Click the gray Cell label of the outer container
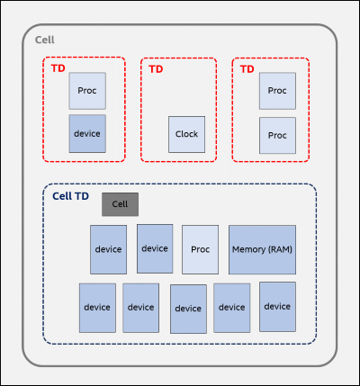tap(45, 40)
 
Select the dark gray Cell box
tap(120, 204)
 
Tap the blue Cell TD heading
tap(70, 196)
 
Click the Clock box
tap(186, 134)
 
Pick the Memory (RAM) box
tap(262, 249)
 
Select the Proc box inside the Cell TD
tap(200, 249)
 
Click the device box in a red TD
tap(87, 134)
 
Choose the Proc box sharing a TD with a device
tap(87, 91)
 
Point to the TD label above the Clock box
tap(156, 69)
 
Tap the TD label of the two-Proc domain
tap(247, 69)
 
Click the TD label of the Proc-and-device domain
tap(58, 68)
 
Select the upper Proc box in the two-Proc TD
tap(277, 91)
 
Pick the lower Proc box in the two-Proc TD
tap(277, 136)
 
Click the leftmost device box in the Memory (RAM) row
tap(108, 249)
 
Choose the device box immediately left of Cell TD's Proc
tap(155, 248)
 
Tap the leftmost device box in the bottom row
tap(97, 308)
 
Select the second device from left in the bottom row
tap(140, 308)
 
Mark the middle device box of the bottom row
tap(188, 309)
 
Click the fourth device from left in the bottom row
tap(232, 308)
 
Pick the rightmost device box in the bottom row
tap(277, 307)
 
